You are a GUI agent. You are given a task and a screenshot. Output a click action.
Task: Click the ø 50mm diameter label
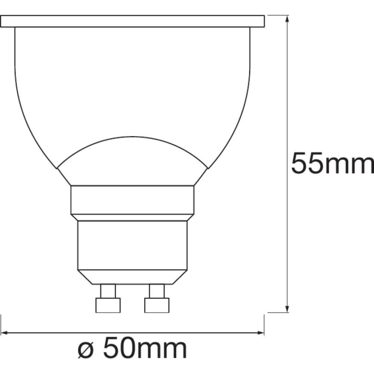pyautogui.click(x=133, y=348)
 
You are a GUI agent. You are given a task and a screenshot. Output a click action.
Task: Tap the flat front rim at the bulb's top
pyautogui.click(x=132, y=21)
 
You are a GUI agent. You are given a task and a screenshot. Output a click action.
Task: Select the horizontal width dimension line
pyautogui.click(x=194, y=332)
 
